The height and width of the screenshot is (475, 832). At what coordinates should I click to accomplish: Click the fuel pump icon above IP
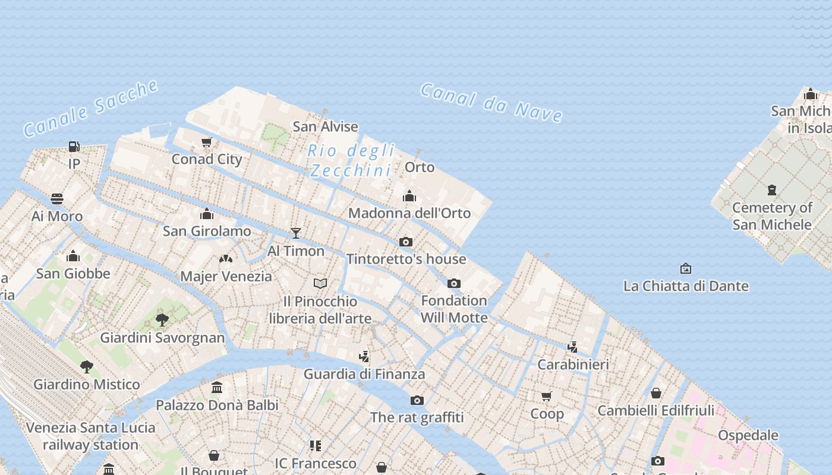(x=74, y=146)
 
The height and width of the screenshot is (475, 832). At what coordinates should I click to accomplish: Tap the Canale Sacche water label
(x=91, y=108)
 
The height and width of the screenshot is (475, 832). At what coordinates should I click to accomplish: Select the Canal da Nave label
(x=491, y=102)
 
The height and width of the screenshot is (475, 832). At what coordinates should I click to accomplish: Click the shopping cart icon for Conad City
(x=206, y=142)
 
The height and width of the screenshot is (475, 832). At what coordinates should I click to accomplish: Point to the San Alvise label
(x=325, y=126)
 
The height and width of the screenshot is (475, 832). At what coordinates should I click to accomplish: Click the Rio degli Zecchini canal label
(x=351, y=160)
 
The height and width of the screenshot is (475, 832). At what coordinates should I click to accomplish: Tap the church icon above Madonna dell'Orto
(x=409, y=196)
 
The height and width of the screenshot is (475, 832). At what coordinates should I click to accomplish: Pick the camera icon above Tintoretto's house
(x=406, y=242)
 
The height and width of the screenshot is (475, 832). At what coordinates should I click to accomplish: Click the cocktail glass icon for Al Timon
(x=295, y=233)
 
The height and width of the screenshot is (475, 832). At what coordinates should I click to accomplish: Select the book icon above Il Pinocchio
(x=320, y=283)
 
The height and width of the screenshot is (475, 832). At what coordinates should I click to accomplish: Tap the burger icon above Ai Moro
(x=57, y=198)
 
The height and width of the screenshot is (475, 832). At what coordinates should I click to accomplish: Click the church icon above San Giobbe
(x=73, y=256)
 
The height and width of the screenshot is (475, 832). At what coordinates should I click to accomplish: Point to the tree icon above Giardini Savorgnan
(x=162, y=320)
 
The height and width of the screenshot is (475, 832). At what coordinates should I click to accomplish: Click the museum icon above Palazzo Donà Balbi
(x=217, y=387)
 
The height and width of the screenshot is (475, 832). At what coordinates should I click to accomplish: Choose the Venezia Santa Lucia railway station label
(x=90, y=436)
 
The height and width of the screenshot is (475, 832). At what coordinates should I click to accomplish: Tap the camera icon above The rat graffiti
(x=417, y=400)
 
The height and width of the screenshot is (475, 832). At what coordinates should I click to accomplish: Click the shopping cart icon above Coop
(x=546, y=396)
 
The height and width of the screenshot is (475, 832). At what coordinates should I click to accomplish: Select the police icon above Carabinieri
(x=573, y=347)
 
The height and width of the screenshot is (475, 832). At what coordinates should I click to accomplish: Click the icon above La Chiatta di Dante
(x=685, y=268)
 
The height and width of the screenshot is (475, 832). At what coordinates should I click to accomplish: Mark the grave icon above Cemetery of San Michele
(x=771, y=190)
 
